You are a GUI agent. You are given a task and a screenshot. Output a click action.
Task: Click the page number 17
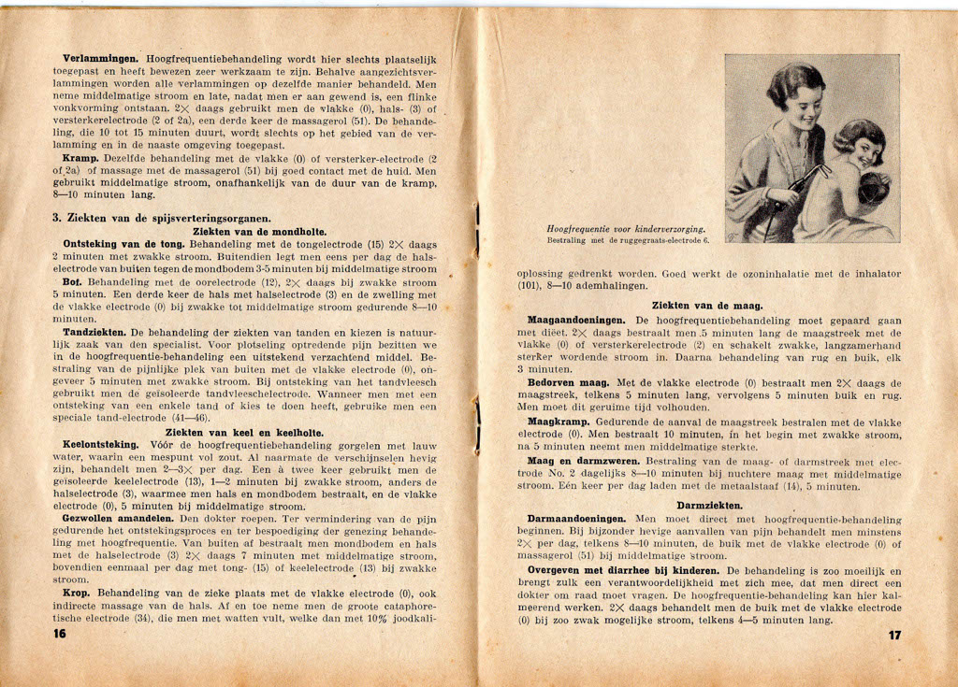click(894, 635)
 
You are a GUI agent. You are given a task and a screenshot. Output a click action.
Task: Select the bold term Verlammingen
click(100, 59)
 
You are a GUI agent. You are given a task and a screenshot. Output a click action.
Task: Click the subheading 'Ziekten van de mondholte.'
click(259, 231)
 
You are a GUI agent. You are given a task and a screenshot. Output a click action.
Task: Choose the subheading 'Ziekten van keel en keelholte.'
click(244, 432)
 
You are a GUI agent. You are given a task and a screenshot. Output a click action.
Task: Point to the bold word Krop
click(77, 593)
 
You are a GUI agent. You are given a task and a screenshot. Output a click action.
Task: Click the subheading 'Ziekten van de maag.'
click(707, 306)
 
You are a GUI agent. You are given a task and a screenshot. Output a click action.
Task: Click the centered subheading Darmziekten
click(709, 506)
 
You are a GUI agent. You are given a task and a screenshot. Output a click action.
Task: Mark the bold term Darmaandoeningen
click(577, 519)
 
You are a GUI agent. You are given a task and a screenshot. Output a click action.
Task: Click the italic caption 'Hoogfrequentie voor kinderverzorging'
click(626, 229)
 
